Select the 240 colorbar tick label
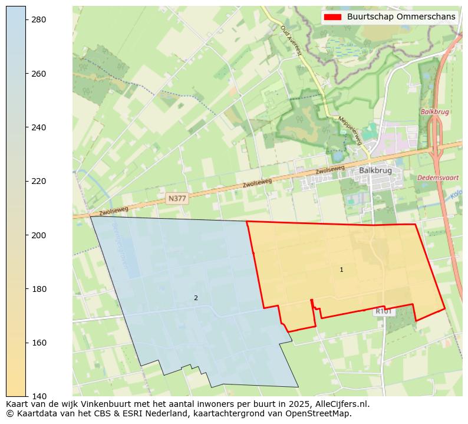pyautogui.click(x=38, y=127)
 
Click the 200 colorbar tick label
pyautogui.click(x=38, y=235)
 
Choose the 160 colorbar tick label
pyautogui.click(x=38, y=343)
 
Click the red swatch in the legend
pyautogui.click(x=332, y=17)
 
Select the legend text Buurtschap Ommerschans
pyautogui.click(x=401, y=17)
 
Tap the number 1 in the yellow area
pyautogui.click(x=341, y=270)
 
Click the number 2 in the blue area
pyautogui.click(x=196, y=298)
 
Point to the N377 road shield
pyautogui.click(x=177, y=199)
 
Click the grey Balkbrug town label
pyautogui.click(x=375, y=171)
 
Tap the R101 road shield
pyautogui.click(x=384, y=311)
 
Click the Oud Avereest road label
pyautogui.click(x=291, y=40)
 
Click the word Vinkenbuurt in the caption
pyautogui.click(x=85, y=404)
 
